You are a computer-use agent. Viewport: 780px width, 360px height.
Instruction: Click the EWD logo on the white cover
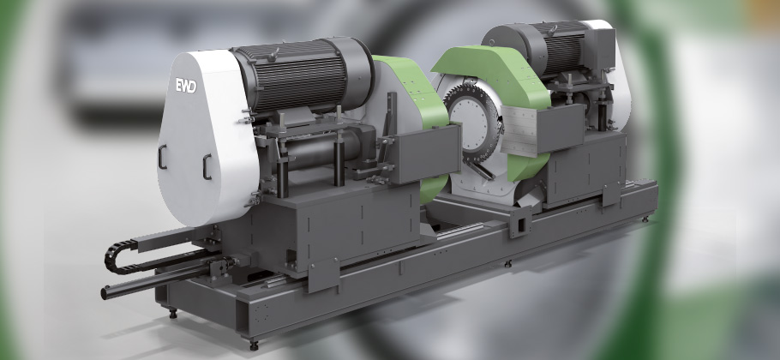click(x=186, y=86)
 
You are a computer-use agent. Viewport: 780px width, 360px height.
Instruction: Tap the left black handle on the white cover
click(x=162, y=157)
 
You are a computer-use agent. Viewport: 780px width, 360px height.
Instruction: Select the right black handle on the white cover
click(x=207, y=166)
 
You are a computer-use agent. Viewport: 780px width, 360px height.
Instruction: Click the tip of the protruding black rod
click(x=104, y=293)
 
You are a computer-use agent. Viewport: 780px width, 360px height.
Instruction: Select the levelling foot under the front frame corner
click(x=254, y=344)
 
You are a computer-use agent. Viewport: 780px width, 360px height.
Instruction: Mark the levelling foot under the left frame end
click(x=172, y=313)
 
